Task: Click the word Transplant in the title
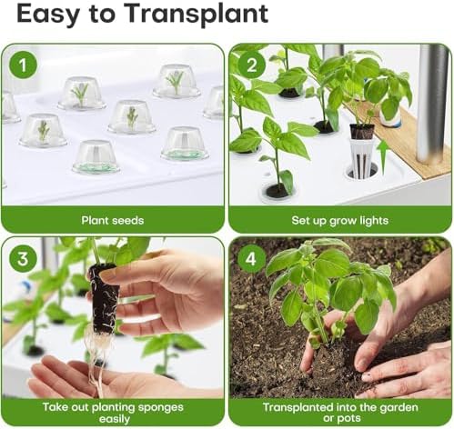197,15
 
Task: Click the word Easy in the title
48,15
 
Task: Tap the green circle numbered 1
24,65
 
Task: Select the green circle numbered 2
251,65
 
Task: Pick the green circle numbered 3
24,259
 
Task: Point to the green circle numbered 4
251,259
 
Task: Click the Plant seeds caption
113,220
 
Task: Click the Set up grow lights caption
340,221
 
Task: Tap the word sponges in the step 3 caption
161,408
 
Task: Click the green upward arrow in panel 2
383,156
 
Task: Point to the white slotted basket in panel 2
360,157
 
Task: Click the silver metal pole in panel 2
431,103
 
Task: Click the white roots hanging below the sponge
97,361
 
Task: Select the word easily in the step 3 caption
115,419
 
